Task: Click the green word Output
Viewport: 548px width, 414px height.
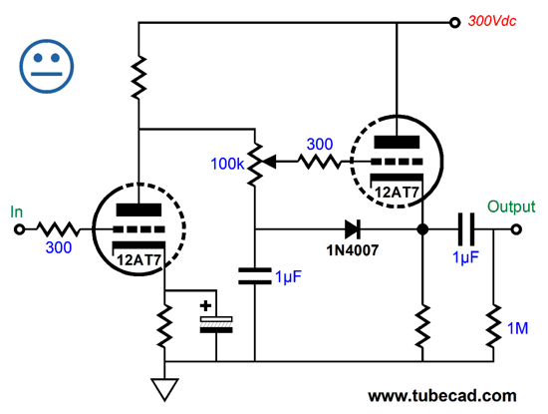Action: (x=511, y=207)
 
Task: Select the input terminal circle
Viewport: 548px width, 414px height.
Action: (x=18, y=229)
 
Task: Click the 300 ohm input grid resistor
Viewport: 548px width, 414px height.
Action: (x=58, y=229)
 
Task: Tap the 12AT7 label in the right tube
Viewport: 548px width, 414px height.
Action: (x=396, y=192)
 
